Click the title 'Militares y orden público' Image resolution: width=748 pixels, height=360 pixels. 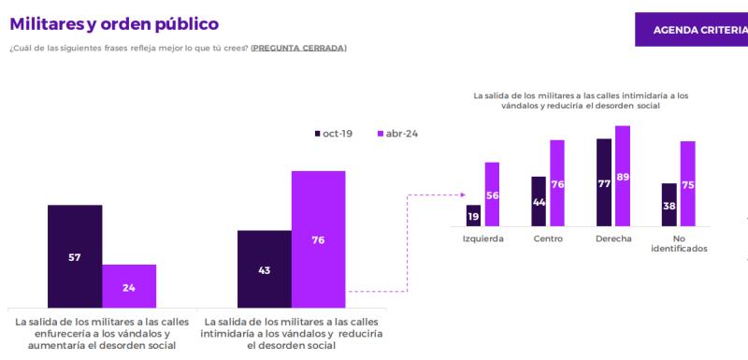[x=113, y=22]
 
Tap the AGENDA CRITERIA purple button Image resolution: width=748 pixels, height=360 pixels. [x=692, y=29]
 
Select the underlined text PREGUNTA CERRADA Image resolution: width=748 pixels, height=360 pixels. [x=298, y=48]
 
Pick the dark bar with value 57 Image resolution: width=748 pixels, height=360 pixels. [x=75, y=256]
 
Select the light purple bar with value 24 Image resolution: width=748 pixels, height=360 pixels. [x=129, y=286]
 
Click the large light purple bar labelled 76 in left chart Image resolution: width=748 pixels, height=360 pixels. [x=319, y=238]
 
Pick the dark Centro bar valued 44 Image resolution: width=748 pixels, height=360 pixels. [x=539, y=202]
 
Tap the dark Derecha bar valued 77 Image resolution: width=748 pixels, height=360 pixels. [x=604, y=183]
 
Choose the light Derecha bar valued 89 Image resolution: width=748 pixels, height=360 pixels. [x=623, y=177]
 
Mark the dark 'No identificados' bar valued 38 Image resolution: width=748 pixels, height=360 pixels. [x=669, y=205]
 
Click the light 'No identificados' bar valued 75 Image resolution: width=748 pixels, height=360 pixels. [x=688, y=184]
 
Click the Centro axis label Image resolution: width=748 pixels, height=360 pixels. [x=548, y=238]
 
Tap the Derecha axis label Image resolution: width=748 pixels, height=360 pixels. [x=613, y=238]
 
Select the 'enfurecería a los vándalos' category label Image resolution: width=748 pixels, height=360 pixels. [x=102, y=334]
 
